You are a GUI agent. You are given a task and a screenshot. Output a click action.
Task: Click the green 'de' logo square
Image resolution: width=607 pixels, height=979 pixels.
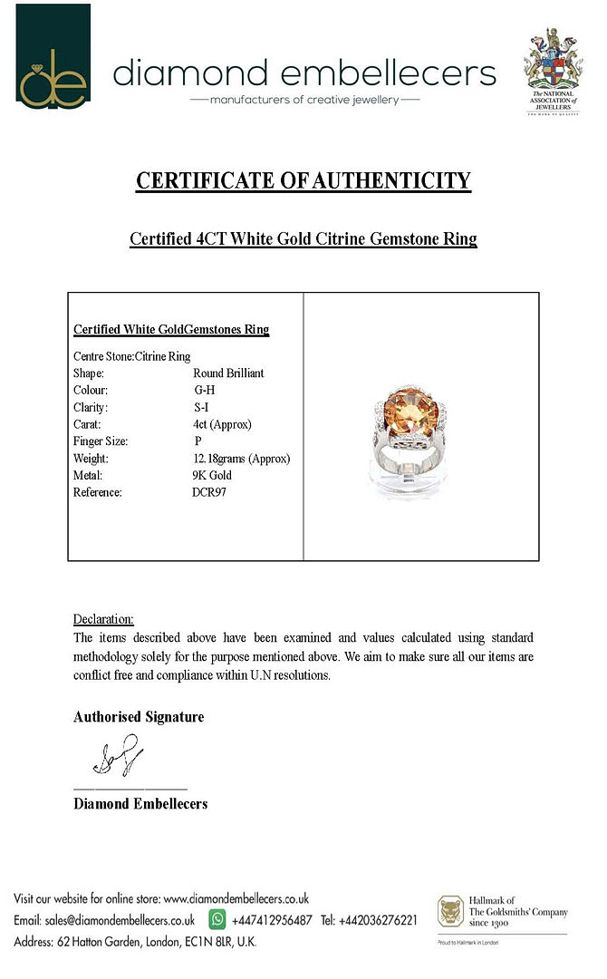(53, 56)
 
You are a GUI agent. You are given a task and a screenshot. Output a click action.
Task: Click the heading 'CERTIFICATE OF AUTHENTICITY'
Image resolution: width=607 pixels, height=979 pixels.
(303, 180)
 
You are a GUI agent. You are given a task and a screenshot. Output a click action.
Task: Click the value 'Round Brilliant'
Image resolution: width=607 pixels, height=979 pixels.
(228, 373)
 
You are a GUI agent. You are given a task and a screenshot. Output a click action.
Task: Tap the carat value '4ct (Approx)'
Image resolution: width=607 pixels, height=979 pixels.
(222, 424)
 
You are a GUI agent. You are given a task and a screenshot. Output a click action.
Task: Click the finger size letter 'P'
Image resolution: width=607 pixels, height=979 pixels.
(198, 441)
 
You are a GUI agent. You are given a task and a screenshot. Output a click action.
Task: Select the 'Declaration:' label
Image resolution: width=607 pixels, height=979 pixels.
(103, 619)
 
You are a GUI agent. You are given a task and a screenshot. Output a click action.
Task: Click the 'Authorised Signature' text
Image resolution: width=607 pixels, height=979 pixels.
(139, 717)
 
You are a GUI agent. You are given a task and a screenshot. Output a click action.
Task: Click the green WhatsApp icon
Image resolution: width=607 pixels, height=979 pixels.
(217, 919)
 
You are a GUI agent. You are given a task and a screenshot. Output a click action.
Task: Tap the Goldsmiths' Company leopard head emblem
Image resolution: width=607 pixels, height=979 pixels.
(450, 912)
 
